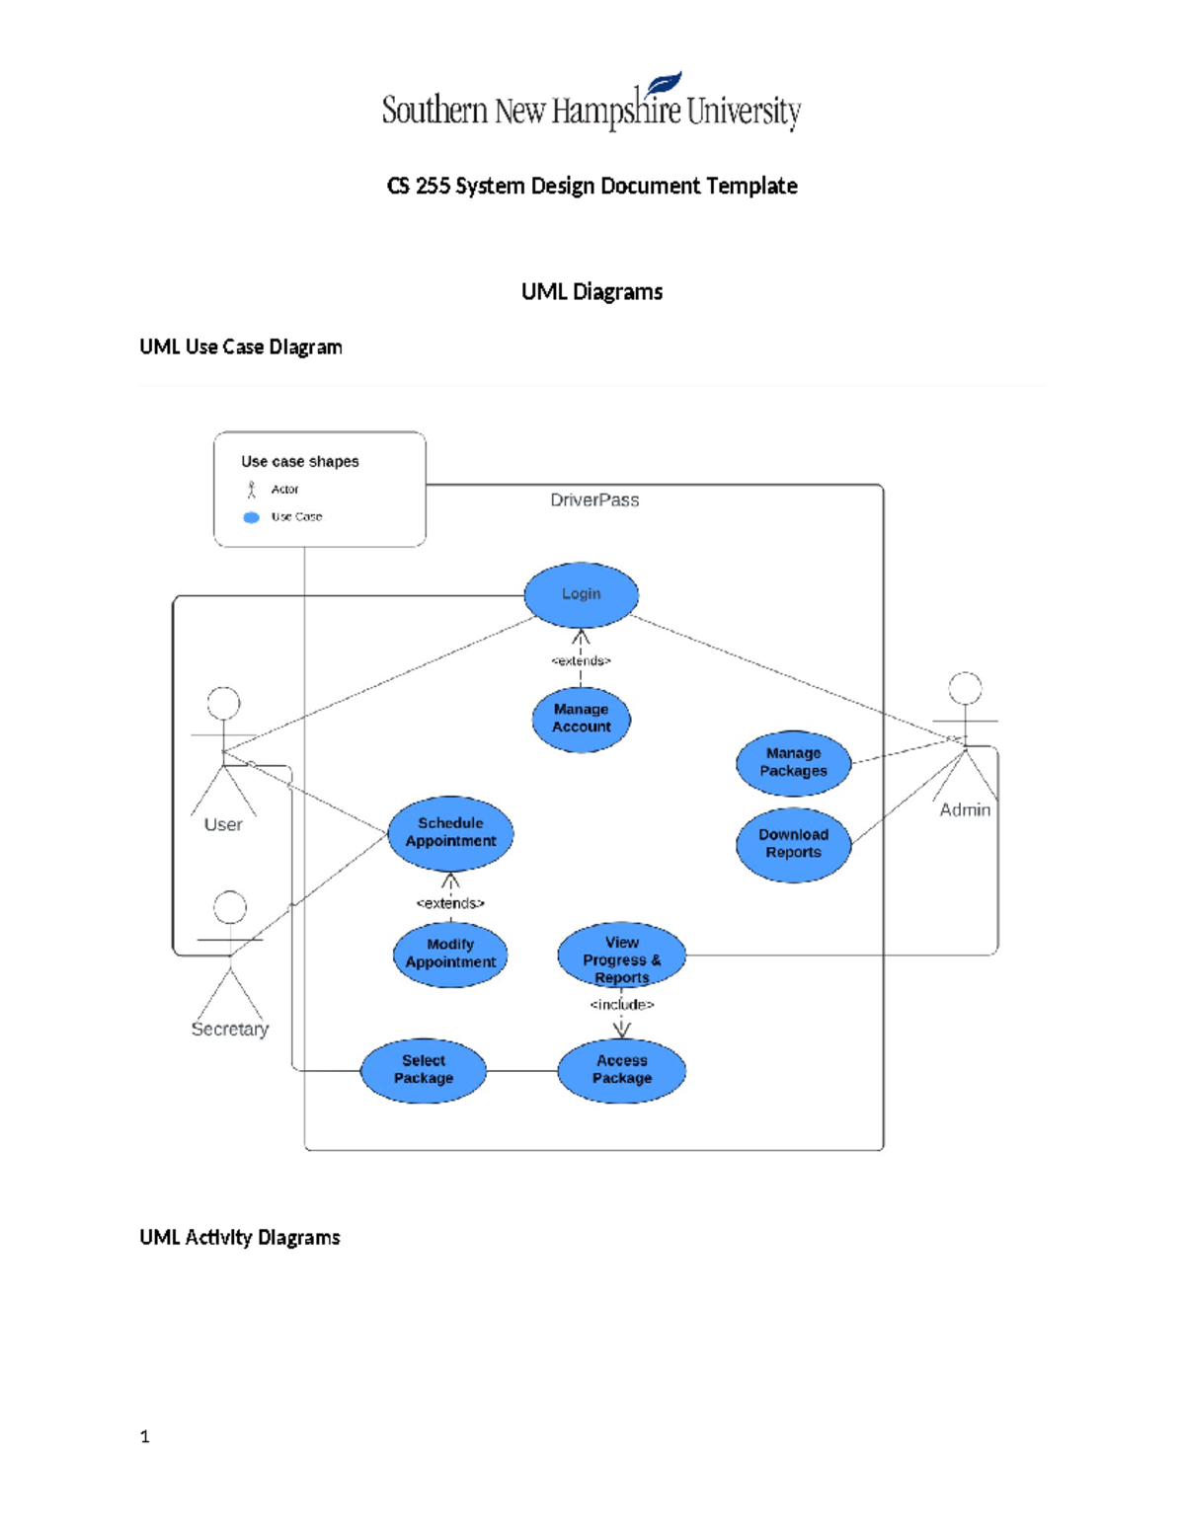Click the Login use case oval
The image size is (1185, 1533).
581,594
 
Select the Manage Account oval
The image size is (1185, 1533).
581,719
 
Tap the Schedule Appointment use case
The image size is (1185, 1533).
450,832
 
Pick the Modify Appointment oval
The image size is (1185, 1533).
450,954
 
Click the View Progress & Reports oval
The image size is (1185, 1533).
621,958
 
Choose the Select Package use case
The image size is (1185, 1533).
424,1070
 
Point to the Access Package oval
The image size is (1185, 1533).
621,1070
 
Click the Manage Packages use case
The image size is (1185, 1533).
793,763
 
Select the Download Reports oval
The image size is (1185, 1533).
793,844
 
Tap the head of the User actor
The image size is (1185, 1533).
224,703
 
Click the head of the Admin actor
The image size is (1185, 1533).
965,688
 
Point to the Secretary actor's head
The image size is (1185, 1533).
230,907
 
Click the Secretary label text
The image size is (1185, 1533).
230,1029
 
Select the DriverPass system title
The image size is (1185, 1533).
594,500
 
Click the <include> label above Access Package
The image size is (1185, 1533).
621,1005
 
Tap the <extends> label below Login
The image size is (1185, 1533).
581,660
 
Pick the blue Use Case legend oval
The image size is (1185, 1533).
252,517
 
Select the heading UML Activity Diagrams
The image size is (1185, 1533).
240,1238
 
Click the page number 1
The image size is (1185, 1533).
145,1437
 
